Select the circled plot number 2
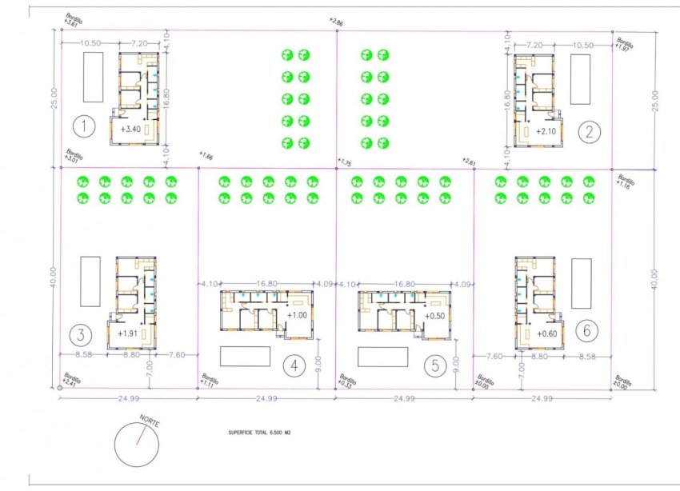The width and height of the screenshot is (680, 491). pyautogui.click(x=589, y=133)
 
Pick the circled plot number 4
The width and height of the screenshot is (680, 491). pyautogui.click(x=294, y=365)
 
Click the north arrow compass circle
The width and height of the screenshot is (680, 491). pyautogui.click(x=142, y=444)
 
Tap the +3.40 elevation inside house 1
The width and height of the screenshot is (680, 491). pyautogui.click(x=130, y=128)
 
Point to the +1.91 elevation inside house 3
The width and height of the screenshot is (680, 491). pyautogui.click(x=128, y=333)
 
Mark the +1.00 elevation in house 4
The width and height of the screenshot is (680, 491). pyautogui.click(x=296, y=315)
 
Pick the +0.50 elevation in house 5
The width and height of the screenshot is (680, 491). pyautogui.click(x=435, y=316)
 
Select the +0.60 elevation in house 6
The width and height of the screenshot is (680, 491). pyautogui.click(x=546, y=334)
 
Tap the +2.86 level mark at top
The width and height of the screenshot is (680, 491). pyautogui.click(x=336, y=22)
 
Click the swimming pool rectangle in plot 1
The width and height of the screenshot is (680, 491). pyautogui.click(x=93, y=78)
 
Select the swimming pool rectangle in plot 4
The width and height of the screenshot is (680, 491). pyautogui.click(x=244, y=356)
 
